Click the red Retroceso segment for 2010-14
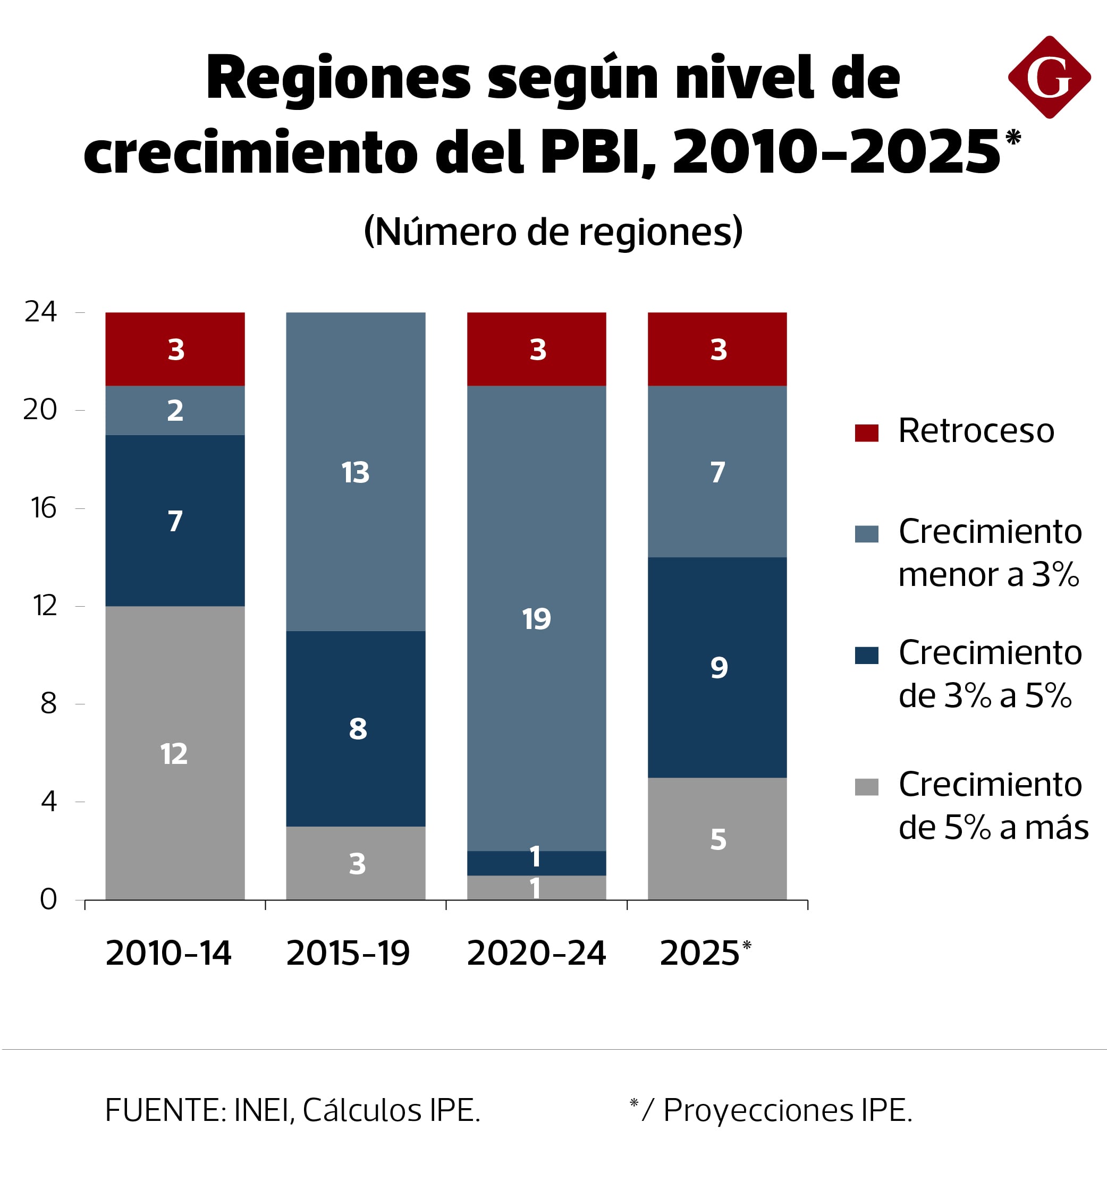coord(175,349)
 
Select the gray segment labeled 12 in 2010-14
coord(175,753)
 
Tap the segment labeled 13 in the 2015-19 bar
coord(356,472)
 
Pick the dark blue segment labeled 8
coord(356,729)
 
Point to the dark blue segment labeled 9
coord(717,667)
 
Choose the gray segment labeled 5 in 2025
coord(717,838)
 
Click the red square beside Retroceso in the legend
coord(866,432)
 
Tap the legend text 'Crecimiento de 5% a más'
coord(993,806)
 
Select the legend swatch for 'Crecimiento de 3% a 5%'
coord(866,655)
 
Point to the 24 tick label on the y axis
coord(41,312)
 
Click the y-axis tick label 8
coord(48,703)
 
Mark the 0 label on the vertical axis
coord(48,899)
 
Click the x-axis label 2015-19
coord(348,954)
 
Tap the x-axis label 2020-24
coord(536,954)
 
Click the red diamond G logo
coord(1049,77)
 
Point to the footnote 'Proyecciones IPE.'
coord(787,1110)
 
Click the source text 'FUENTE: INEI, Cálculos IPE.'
coord(292,1110)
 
